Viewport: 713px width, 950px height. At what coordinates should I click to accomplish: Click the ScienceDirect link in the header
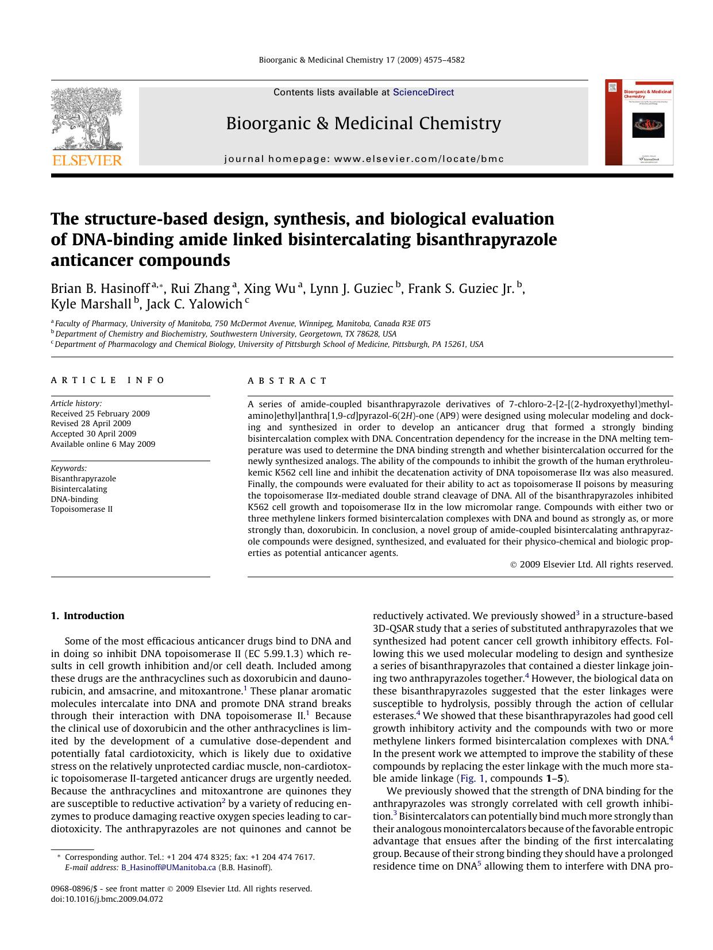[x=423, y=92]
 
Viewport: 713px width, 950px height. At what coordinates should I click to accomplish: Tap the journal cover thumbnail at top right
[x=639, y=123]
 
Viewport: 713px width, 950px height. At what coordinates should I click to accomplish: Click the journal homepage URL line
[x=364, y=159]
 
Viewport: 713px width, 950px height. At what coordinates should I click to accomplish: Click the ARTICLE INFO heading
[x=107, y=380]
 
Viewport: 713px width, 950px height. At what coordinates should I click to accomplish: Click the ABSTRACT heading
[x=287, y=381]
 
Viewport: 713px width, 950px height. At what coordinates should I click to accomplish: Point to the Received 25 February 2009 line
[x=100, y=414]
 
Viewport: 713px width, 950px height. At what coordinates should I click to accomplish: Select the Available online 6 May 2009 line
[x=103, y=444]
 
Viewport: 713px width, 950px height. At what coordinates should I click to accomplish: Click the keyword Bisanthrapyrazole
[x=83, y=478]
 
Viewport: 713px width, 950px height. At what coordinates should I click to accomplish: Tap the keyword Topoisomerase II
[x=82, y=509]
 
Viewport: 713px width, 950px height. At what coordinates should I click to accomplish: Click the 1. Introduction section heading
[x=87, y=616]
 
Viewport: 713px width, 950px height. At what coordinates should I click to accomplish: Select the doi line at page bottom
[x=107, y=899]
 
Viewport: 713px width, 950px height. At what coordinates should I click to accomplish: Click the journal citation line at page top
[x=362, y=60]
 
